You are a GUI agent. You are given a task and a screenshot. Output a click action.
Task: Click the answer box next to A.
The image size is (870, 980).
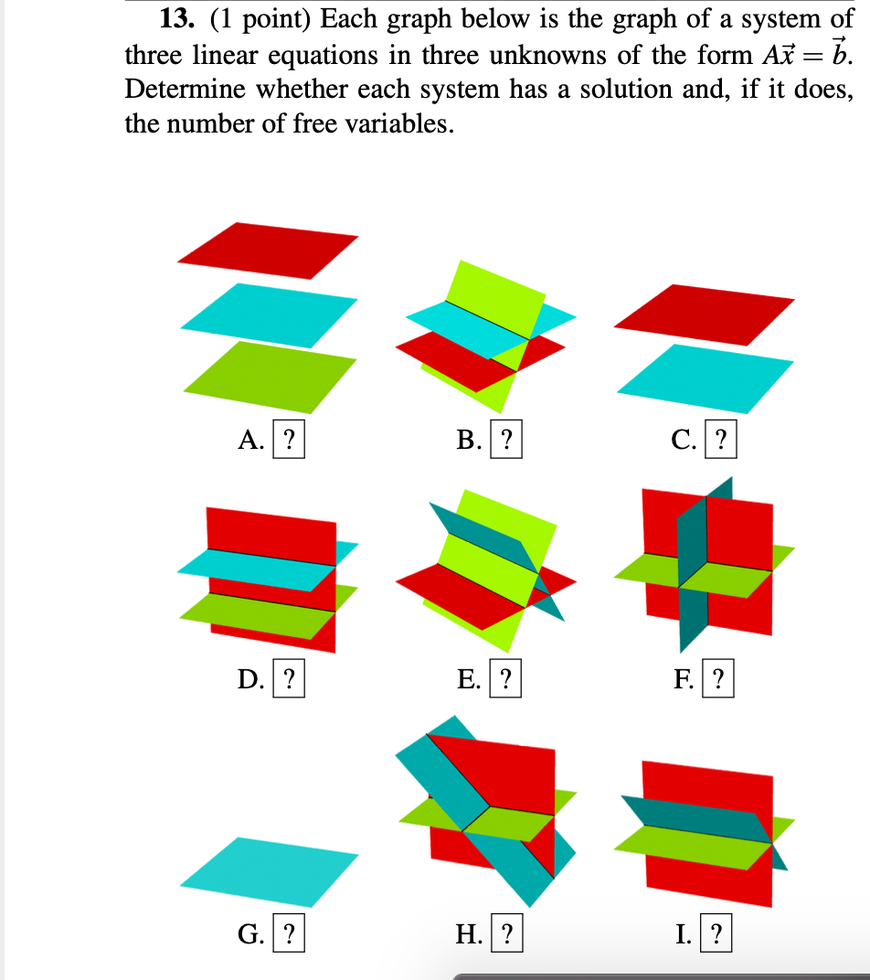pos(289,442)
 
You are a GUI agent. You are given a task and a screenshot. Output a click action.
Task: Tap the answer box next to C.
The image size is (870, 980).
pos(722,442)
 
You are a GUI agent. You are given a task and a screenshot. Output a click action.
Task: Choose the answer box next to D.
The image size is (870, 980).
pos(289,679)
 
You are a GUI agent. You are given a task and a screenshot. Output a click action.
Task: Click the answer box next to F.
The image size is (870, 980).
pos(718,679)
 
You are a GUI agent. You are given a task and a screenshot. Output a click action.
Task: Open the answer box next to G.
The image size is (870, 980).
pos(289,934)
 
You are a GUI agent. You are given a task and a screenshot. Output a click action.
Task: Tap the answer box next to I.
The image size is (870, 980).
pos(717,934)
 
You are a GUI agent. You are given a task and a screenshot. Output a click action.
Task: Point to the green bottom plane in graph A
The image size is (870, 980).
pos(271,375)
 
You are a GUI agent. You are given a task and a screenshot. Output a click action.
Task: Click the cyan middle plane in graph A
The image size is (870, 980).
pos(269,314)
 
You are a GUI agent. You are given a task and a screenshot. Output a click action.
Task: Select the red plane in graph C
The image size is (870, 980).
pos(704,314)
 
